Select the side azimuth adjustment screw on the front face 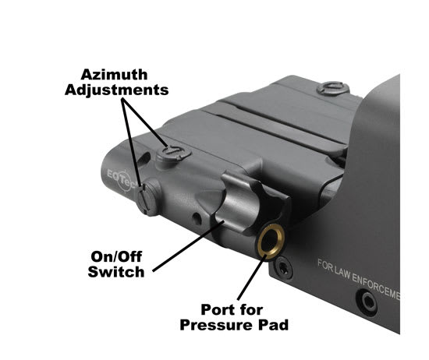(x=144, y=200)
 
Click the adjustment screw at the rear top (x=333, y=88)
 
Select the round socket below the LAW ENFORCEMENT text (x=366, y=298)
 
